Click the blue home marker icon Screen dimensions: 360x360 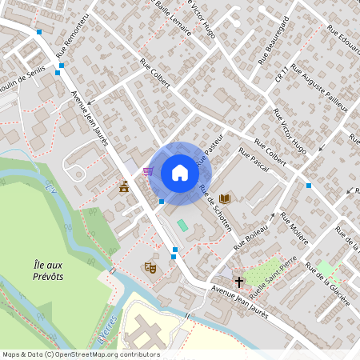click(x=180, y=173)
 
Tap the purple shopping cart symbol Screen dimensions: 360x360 click(x=148, y=170)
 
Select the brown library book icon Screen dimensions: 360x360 click(x=225, y=198)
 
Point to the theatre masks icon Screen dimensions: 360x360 click(x=148, y=267)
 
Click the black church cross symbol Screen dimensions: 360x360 click(x=238, y=282)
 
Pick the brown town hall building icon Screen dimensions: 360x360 click(x=124, y=186)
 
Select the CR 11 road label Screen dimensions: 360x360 click(x=280, y=74)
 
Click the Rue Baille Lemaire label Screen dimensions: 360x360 click(x=171, y=18)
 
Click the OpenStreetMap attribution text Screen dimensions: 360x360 click(x=81, y=354)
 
